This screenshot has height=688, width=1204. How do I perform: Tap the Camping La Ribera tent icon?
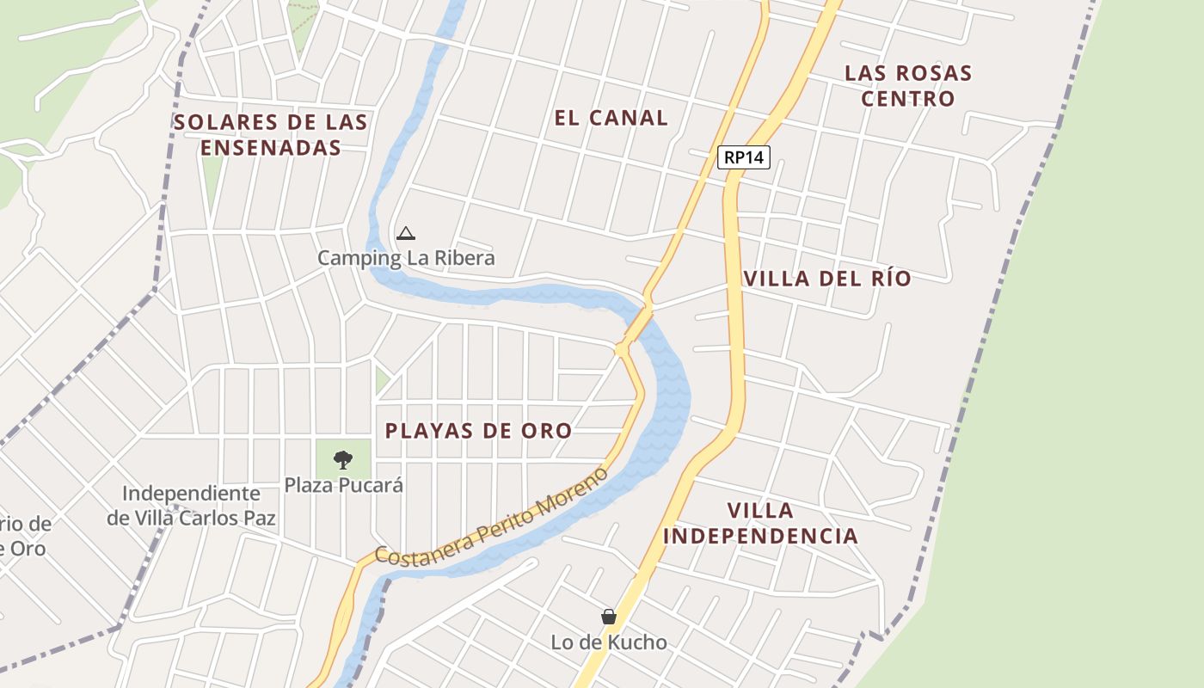click(405, 232)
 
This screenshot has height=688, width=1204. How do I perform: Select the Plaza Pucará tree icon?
click(343, 459)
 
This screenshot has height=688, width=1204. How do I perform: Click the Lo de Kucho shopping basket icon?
click(609, 617)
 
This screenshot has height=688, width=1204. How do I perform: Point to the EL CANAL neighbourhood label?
click(611, 118)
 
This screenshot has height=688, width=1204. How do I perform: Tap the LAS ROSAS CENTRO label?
click(908, 85)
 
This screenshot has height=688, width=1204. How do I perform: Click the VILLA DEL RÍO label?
click(827, 279)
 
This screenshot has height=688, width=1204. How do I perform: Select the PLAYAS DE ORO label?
click(478, 431)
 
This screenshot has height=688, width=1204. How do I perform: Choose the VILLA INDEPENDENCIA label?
click(760, 523)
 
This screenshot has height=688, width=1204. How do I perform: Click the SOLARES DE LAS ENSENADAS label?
click(271, 135)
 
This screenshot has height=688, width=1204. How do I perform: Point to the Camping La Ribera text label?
click(406, 258)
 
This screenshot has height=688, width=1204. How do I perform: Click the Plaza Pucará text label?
click(344, 485)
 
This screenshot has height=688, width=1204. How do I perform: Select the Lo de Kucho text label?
click(609, 642)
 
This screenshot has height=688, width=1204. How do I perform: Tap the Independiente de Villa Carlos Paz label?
click(191, 506)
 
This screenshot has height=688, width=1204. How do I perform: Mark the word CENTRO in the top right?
click(908, 98)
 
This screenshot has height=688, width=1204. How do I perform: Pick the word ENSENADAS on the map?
click(271, 148)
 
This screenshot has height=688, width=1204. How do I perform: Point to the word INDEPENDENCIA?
click(760, 536)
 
